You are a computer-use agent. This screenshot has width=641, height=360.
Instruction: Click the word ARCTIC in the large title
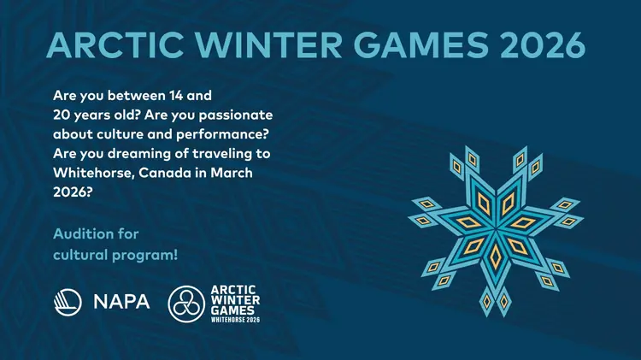[x=115, y=44]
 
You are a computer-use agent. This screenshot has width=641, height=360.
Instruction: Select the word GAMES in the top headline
[x=421, y=44]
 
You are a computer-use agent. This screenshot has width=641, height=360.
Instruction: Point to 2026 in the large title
[x=543, y=44]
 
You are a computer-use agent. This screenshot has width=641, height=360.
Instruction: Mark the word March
[x=232, y=173]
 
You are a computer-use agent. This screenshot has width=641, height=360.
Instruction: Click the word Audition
[x=79, y=234]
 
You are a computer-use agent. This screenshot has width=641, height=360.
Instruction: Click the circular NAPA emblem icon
[x=68, y=303]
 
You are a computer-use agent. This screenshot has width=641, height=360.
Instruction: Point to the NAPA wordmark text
[x=122, y=302]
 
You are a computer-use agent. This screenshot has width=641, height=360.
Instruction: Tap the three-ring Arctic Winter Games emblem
[x=186, y=304]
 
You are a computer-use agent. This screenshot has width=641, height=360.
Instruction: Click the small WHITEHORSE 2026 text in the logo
[x=236, y=320]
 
